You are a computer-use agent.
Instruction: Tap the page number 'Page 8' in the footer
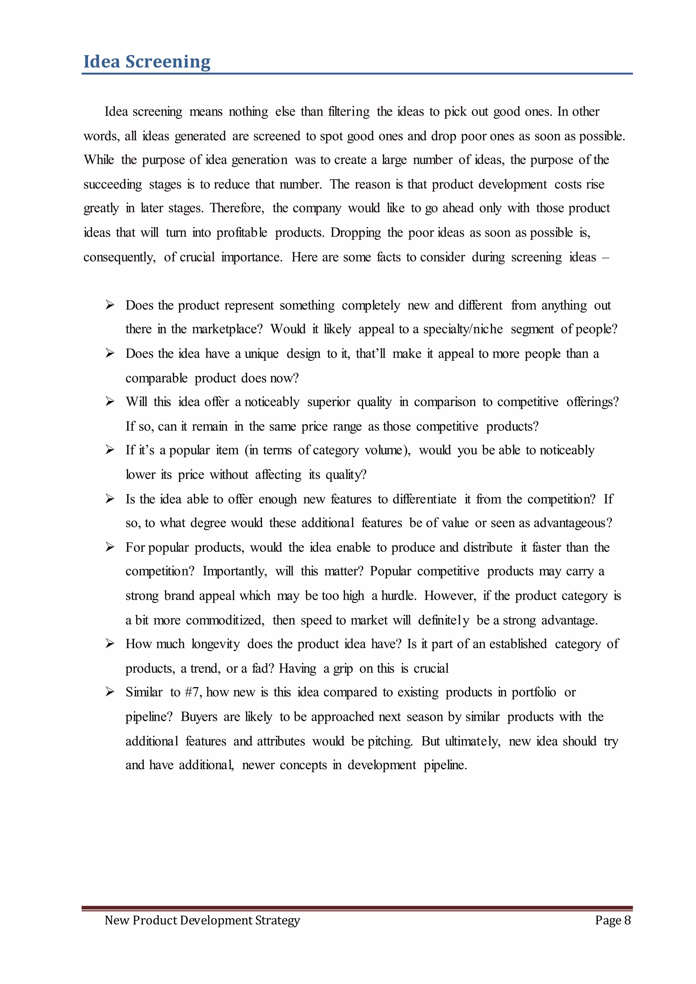[x=612, y=920]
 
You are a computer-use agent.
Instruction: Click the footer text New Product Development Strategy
[x=202, y=920]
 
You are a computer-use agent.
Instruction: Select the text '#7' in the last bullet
[x=192, y=692]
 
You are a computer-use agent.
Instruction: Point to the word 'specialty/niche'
[x=463, y=329]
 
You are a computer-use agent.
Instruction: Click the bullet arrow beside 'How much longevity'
[x=110, y=644]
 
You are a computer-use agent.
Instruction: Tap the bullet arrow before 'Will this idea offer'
[x=110, y=402]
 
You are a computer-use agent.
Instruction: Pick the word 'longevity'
[x=215, y=644]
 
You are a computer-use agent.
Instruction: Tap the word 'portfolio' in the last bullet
[x=534, y=692]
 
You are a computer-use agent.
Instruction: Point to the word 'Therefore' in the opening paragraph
[x=237, y=208]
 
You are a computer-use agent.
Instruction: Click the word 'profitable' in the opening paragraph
[x=242, y=233]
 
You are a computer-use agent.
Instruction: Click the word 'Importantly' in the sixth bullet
[x=234, y=571]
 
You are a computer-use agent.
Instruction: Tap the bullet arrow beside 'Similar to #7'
[x=110, y=692]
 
